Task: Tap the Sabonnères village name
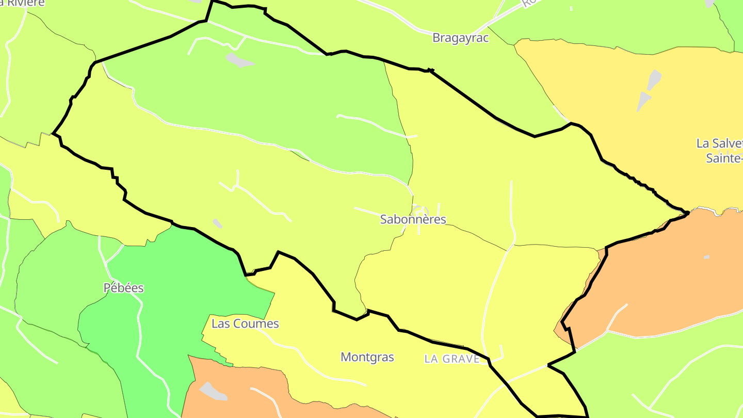tap(413, 219)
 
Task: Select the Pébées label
tap(124, 288)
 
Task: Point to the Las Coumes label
tap(245, 324)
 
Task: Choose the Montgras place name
tap(367, 357)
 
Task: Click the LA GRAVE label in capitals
tap(452, 359)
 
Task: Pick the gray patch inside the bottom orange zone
tap(213, 391)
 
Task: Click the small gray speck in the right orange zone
tap(706, 256)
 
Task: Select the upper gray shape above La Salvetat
tap(654, 79)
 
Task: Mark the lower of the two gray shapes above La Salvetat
tap(643, 101)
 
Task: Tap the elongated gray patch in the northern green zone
tap(239, 60)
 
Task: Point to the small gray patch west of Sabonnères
tap(217, 223)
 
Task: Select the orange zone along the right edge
tap(671, 279)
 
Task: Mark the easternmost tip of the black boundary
tap(689, 212)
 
